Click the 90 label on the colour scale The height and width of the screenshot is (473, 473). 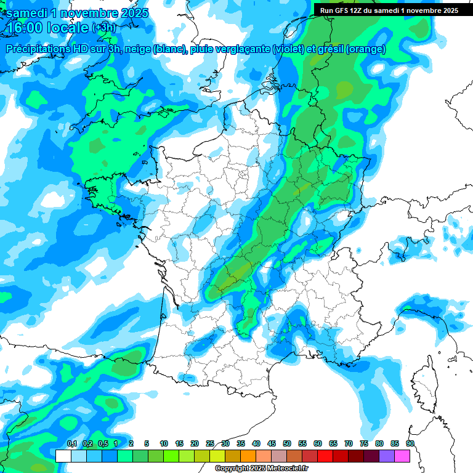click(x=410, y=443)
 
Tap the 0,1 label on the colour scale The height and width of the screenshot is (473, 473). click(x=71, y=443)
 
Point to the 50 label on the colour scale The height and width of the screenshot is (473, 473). click(x=287, y=443)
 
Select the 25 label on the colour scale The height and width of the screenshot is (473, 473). click(x=210, y=443)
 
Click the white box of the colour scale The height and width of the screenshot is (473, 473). click(x=63, y=456)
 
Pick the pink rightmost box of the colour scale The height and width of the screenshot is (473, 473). click(x=402, y=456)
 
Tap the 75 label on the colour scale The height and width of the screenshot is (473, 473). click(x=364, y=443)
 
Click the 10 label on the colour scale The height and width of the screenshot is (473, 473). click(x=164, y=443)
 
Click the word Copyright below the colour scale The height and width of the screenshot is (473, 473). click(x=232, y=469)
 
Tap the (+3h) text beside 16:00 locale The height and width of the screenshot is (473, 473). click(x=103, y=28)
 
